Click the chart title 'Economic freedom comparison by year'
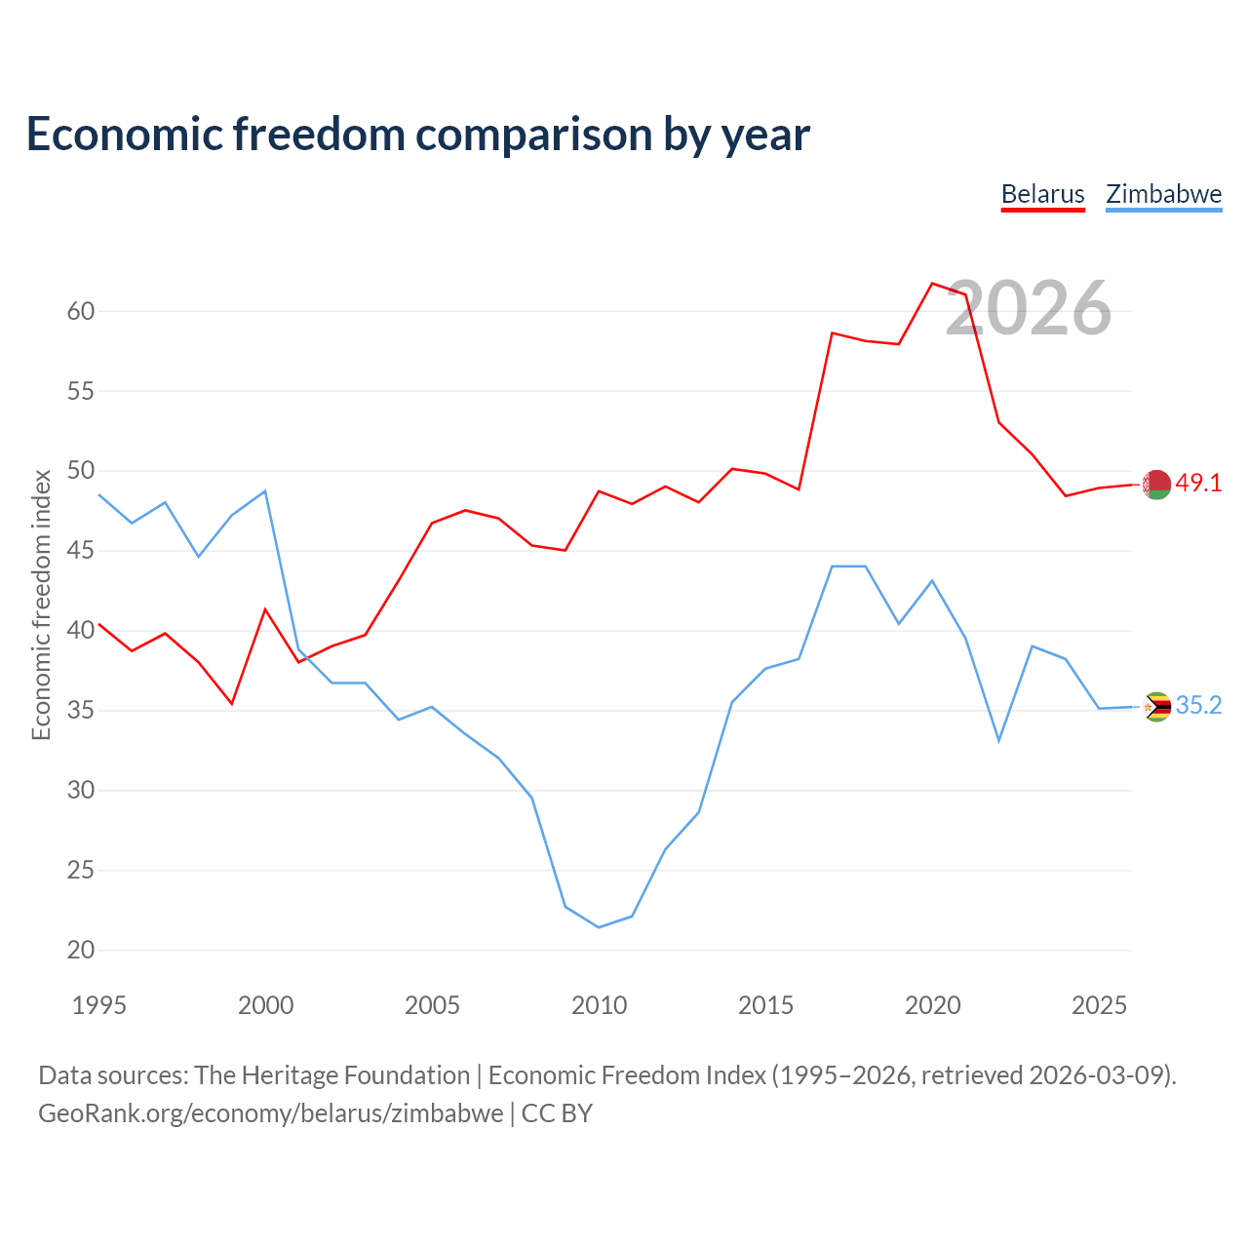coord(417,135)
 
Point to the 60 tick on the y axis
coord(81,312)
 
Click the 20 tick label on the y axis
coord(81,950)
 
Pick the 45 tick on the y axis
coord(81,551)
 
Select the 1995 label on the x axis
coord(99,1006)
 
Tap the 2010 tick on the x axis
coord(599,1006)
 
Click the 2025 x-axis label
coord(1099,1006)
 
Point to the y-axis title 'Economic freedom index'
coord(42,604)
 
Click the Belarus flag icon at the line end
coord(1156,485)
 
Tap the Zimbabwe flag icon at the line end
coord(1156,707)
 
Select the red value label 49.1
coord(1198,484)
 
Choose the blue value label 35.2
coord(1198,705)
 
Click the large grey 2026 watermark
coord(1029,308)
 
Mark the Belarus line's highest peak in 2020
coord(932,283)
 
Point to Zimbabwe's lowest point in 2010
coord(599,927)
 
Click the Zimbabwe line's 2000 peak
coord(265,490)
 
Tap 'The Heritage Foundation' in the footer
coord(332,1075)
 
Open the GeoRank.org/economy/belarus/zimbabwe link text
coord(271,1114)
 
